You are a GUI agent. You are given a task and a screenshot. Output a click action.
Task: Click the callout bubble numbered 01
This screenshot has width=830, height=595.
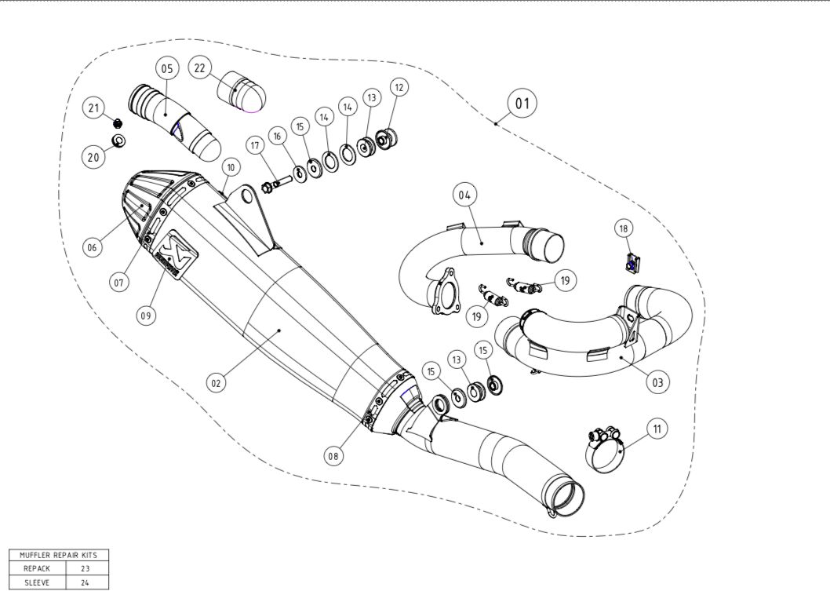[522, 103]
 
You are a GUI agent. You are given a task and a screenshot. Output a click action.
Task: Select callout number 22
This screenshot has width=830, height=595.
[199, 68]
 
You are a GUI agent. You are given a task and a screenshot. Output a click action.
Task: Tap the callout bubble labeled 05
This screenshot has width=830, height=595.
[166, 68]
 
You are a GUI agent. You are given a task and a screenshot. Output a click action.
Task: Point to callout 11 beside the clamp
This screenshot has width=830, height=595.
[657, 429]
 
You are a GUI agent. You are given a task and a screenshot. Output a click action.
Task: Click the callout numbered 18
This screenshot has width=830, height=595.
[624, 228]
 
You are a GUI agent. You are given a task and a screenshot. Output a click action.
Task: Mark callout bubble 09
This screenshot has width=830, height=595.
[145, 316]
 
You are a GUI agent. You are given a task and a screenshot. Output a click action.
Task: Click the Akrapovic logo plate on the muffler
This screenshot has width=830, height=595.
[175, 258]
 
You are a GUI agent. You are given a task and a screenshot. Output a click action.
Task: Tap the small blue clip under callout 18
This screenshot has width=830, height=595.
[631, 263]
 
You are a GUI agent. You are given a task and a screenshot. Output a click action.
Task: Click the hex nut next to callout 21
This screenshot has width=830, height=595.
[116, 122]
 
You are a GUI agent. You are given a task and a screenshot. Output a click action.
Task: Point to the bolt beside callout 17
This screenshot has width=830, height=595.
[274, 187]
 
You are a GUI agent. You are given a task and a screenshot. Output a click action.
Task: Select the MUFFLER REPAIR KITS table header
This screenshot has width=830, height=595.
[58, 554]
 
